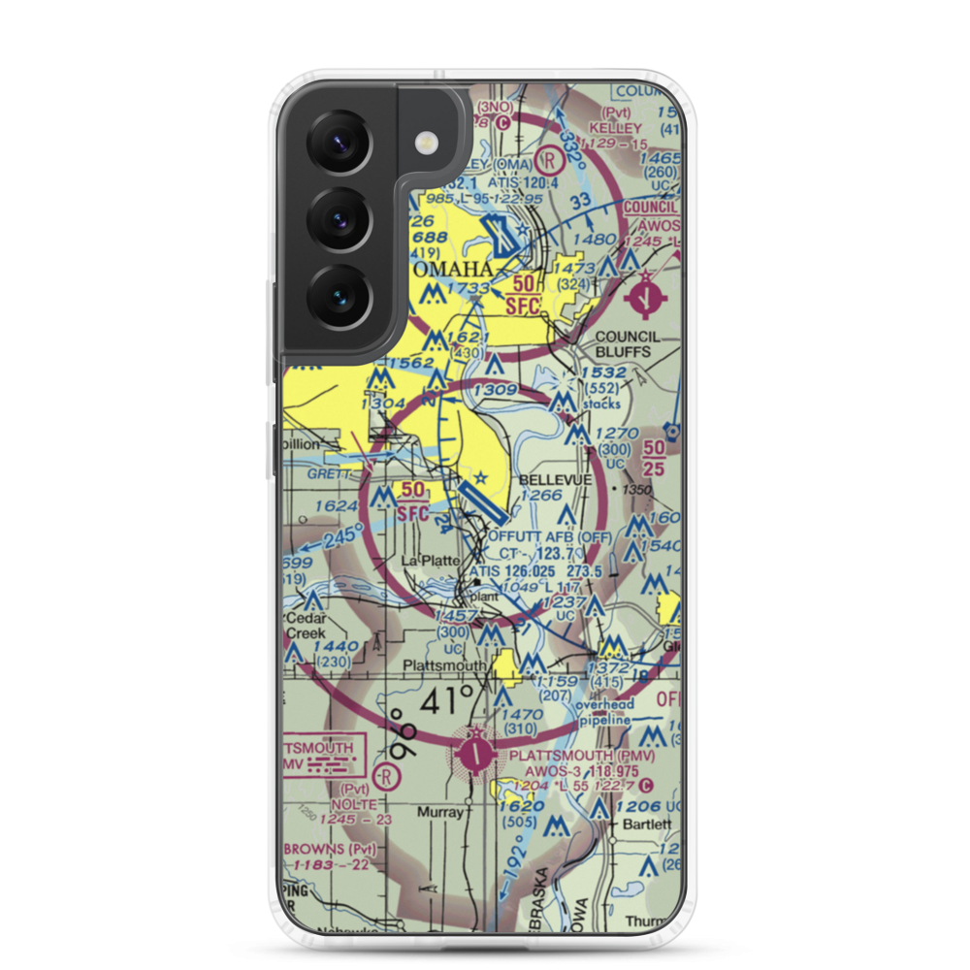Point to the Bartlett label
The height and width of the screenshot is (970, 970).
pos(646,824)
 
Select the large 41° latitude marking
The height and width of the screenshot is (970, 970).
pos(447,700)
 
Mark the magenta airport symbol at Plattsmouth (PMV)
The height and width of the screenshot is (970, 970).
pos(475,751)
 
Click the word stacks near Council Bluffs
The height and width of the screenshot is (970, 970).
pos(601,404)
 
